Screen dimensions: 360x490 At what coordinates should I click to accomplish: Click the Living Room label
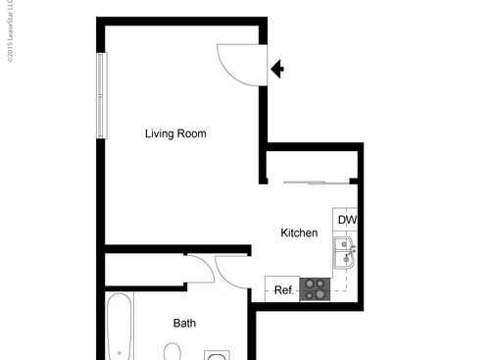[175, 133]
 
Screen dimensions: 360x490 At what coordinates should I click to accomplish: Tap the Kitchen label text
[299, 233]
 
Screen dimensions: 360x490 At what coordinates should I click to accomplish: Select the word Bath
[184, 323]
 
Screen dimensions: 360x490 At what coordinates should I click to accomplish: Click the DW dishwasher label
[347, 221]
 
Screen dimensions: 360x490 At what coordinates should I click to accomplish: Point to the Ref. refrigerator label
[283, 290]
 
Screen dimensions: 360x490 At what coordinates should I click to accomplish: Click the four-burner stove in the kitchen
[315, 289]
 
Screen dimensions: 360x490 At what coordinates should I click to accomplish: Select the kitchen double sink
[344, 257]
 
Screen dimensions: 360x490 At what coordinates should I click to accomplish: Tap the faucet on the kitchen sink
[354, 251]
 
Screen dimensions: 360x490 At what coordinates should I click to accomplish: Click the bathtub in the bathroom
[119, 329]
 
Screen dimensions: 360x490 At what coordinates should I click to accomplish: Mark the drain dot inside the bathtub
[120, 352]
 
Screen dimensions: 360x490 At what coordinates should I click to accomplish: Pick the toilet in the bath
[173, 352]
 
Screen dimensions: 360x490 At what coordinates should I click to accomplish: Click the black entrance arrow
[277, 69]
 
